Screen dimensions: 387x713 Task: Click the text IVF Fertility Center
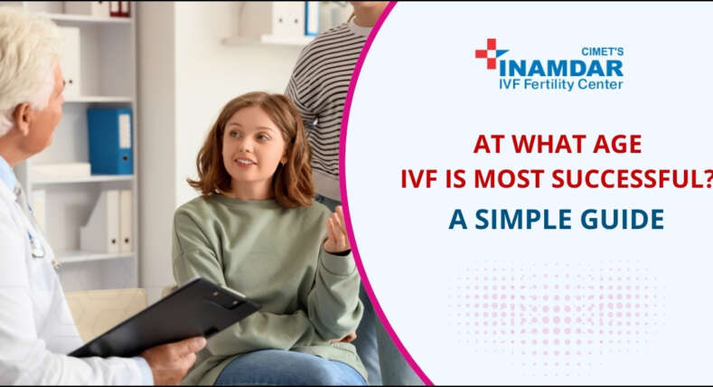(x=560, y=85)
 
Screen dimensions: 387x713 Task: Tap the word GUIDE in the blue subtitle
(x=624, y=218)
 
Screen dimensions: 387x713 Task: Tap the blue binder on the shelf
(x=109, y=140)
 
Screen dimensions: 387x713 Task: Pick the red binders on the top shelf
(x=119, y=8)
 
